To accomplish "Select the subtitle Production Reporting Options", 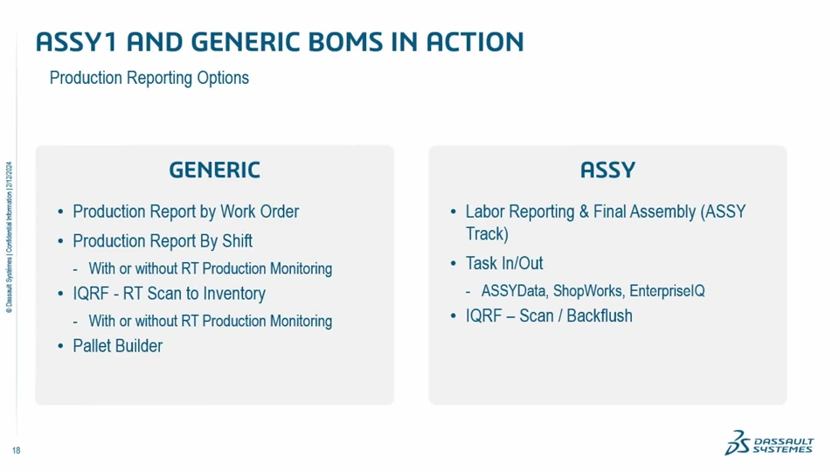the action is pos(149,78).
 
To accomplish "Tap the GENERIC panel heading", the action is pos(215,170).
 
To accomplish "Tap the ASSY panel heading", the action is pos(608,170).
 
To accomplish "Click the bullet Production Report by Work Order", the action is pos(185,212).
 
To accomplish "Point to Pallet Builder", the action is pos(118,346).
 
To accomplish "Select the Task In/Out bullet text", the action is pos(504,263).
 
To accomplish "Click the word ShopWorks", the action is pos(588,291).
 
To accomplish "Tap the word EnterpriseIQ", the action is pos(667,291).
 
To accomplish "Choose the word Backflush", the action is pos(600,316).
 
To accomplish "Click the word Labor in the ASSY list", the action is pos(485,212).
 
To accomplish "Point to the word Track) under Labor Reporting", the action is pos(487,234).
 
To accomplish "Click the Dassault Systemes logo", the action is pos(769,442).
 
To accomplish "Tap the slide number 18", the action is pos(16,451).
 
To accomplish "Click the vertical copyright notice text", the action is pos(9,238).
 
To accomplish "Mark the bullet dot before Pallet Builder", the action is pos(60,347).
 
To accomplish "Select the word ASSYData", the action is pos(514,291).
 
